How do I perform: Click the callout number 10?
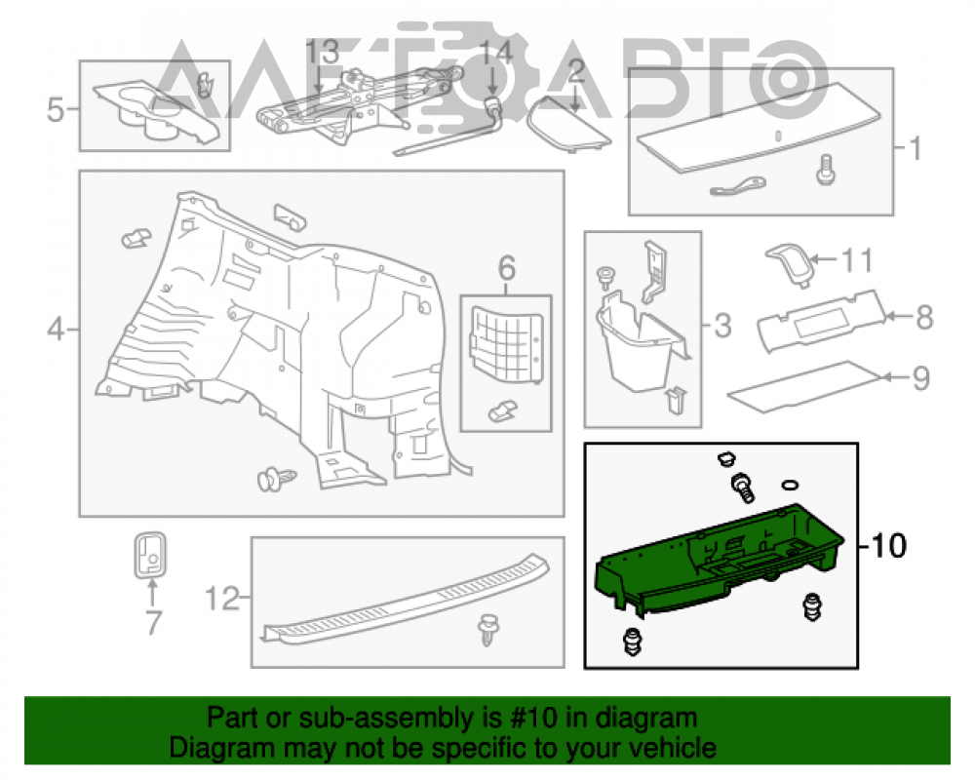pyautogui.click(x=889, y=545)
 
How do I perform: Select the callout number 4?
pyautogui.click(x=56, y=329)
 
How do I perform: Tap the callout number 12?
pyautogui.click(x=222, y=599)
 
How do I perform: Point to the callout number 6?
pyautogui.click(x=507, y=268)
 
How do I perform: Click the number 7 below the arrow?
pyautogui.click(x=154, y=623)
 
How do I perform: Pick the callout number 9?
pyautogui.click(x=921, y=377)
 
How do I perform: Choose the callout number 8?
pyautogui.click(x=924, y=317)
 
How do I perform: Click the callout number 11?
pyautogui.click(x=857, y=260)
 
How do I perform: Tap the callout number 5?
pyautogui.click(x=56, y=109)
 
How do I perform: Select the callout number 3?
pyautogui.click(x=722, y=326)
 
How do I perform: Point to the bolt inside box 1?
pyautogui.click(x=825, y=170)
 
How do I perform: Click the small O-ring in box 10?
pyautogui.click(x=789, y=486)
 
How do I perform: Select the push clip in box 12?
pyautogui.click(x=489, y=629)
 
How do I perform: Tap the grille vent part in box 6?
pyautogui.click(x=507, y=343)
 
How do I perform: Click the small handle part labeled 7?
pyautogui.click(x=150, y=555)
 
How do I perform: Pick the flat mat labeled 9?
pyautogui.click(x=804, y=386)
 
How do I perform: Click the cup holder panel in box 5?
pyautogui.click(x=157, y=110)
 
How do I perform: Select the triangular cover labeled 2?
pyautogui.click(x=568, y=124)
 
